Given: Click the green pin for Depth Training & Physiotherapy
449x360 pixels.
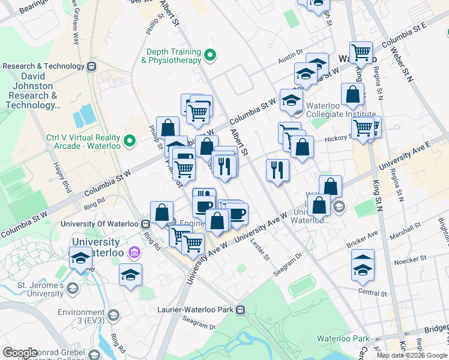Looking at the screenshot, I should pos(209,56).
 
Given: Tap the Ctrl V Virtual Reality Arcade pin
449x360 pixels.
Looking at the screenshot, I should pos(129,142).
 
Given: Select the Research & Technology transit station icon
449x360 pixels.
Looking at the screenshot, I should pos(92,67).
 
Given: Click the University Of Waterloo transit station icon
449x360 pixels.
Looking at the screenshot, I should pos(145,224).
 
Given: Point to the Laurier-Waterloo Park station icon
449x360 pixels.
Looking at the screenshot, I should pos(240,310).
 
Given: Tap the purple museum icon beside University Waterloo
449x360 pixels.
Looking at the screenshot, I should pos(133,254).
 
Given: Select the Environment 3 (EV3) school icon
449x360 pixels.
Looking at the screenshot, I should pos(114,316).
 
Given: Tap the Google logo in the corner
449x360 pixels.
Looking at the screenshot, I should pos(20,353).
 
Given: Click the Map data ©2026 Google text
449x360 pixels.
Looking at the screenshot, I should pos(412,355).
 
